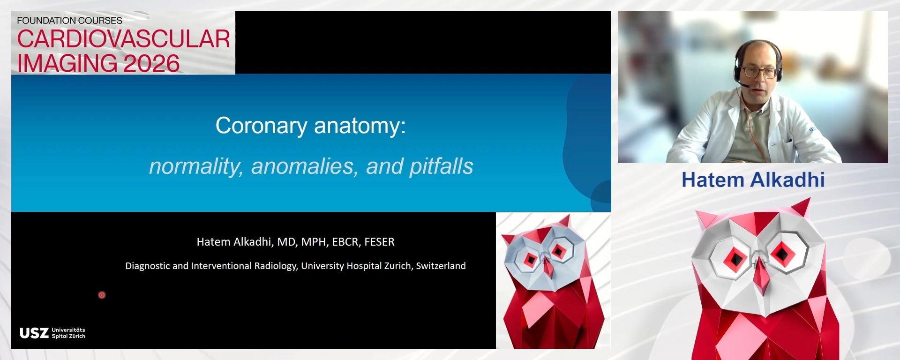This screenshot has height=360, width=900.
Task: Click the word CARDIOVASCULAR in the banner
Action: coord(123,39)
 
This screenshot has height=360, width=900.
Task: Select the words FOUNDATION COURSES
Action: coord(69,21)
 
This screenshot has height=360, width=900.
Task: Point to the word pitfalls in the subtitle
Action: coord(441,166)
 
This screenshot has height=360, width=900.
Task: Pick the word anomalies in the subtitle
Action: coord(302,166)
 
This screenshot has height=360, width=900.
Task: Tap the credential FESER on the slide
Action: coord(379,242)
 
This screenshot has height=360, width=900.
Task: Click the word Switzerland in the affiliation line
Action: coord(441,266)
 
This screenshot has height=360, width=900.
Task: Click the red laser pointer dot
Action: coord(102,295)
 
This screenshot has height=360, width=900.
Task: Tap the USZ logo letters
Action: coord(34,333)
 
